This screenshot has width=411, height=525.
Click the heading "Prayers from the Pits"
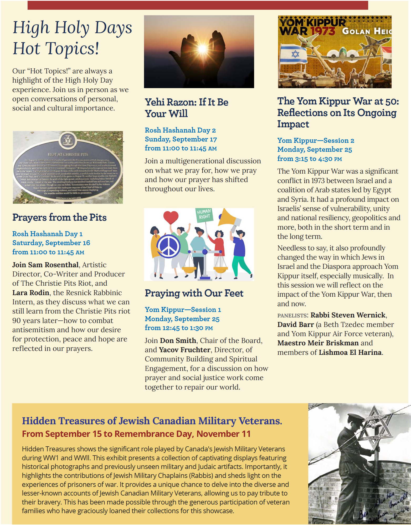pos(59,218)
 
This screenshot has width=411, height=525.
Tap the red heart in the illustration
pos(171,217)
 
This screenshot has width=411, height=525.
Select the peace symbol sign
pos(169,246)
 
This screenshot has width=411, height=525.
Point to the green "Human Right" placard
pos(204,215)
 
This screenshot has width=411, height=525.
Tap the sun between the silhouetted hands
pos(202,48)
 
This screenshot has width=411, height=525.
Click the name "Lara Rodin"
pos(31,292)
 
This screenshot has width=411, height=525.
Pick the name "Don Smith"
pos(178,340)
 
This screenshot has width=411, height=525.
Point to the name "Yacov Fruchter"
pos(184,350)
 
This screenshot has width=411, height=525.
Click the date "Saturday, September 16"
pos(51,243)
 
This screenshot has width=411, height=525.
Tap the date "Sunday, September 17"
pos(181,139)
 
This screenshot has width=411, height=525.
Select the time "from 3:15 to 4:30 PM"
pos(310,159)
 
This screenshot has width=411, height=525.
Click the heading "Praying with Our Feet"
pos(194,293)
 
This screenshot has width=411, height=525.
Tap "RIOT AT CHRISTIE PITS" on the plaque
pos(68,154)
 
